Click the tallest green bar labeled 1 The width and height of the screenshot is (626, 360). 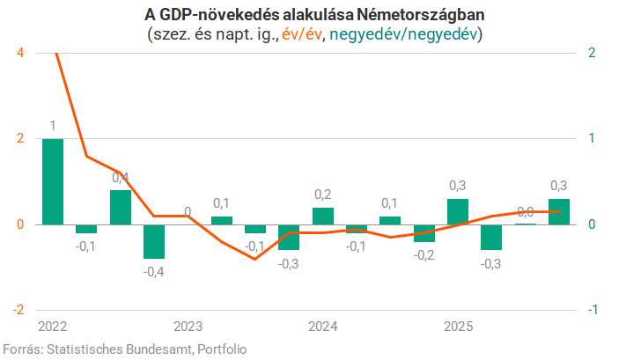pyautogui.click(x=53, y=181)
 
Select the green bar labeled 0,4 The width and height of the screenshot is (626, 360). pyautogui.click(x=121, y=207)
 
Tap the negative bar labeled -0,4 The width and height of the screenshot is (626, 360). pyautogui.click(x=154, y=241)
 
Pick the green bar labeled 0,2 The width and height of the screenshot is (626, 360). pyautogui.click(x=323, y=216)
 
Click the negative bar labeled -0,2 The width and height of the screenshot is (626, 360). pyautogui.click(x=424, y=232)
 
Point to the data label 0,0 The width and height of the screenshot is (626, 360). pyautogui.click(x=525, y=211)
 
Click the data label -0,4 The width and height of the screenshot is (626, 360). pyautogui.click(x=154, y=271)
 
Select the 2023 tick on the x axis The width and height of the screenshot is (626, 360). pyautogui.click(x=188, y=327)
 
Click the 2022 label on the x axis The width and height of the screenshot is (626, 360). pyautogui.click(x=53, y=327)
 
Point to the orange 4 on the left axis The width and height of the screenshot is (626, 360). pyautogui.click(x=20, y=53)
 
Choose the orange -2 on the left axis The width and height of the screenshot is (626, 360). pyautogui.click(x=18, y=310)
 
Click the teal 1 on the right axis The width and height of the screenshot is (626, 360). pyautogui.click(x=592, y=138)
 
